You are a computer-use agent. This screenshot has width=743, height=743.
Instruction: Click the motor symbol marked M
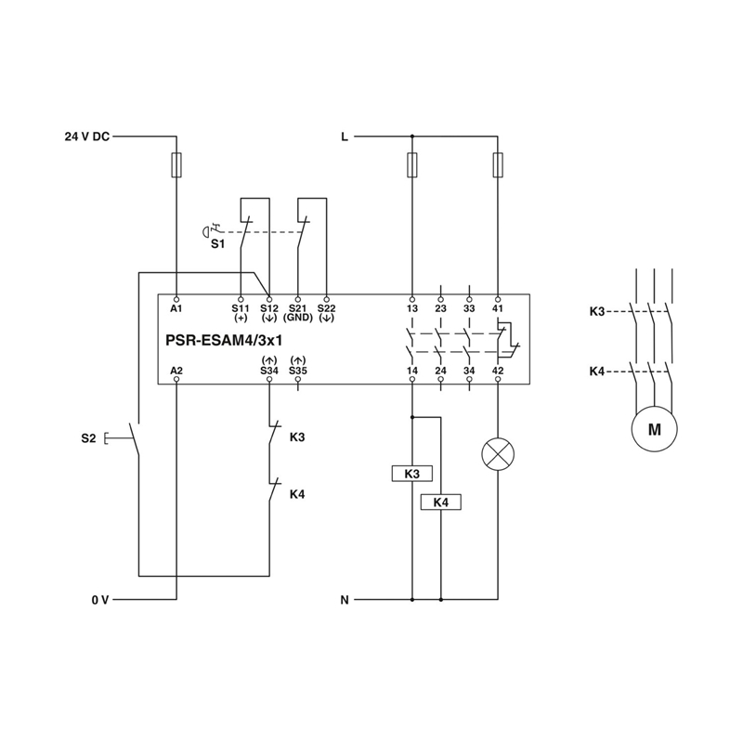[654, 429]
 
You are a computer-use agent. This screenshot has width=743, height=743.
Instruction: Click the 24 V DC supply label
[86, 137]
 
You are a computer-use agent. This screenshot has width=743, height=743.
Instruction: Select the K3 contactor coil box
[411, 474]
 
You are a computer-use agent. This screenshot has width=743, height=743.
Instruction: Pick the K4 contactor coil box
[441, 502]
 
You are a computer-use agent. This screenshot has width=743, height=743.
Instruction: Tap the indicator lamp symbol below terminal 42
[498, 453]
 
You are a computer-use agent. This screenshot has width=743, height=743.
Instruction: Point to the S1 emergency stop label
[216, 243]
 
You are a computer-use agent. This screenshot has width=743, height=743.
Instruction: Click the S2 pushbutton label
[88, 437]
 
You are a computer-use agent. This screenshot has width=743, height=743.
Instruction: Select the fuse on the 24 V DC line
[176, 165]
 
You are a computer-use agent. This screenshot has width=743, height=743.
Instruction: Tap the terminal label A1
[176, 307]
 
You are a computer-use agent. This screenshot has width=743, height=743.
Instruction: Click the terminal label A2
[176, 371]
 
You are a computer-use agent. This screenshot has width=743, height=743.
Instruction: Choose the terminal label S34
[268, 371]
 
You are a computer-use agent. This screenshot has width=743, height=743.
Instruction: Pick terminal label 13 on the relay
[411, 307]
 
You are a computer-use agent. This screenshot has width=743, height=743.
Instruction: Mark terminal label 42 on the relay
[498, 371]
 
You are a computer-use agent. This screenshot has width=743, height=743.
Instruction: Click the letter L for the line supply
[345, 137]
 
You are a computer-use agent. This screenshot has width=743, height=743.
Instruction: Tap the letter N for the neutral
[345, 600]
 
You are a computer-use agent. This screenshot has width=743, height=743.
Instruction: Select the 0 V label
[100, 600]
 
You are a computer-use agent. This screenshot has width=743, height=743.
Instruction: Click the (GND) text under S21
[298, 318]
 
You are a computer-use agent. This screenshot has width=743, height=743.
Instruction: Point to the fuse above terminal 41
[498, 165]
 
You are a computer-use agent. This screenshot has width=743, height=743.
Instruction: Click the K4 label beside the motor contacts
[597, 371]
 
